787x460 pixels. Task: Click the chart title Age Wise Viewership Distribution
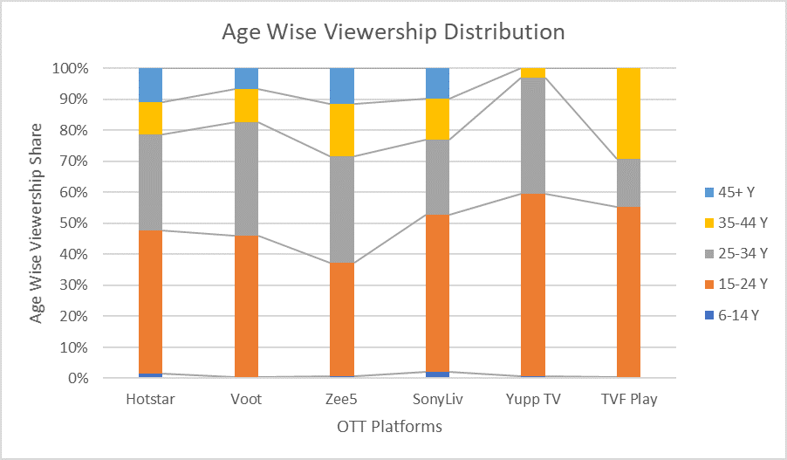click(393, 32)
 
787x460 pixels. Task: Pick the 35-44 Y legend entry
click(738, 222)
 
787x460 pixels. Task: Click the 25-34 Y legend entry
click(738, 253)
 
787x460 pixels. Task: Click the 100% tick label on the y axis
click(69, 68)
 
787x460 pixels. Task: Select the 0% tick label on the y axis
click(76, 378)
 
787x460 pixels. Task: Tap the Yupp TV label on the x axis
click(532, 399)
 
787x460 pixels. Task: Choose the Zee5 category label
click(342, 399)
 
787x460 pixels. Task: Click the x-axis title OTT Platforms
click(389, 427)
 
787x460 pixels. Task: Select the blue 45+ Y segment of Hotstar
click(151, 85)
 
